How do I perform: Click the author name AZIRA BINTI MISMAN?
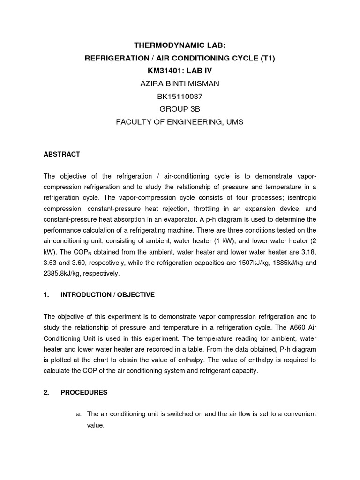180,83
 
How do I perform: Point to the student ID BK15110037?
180,97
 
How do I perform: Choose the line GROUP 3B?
180,109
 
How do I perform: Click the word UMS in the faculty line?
235,122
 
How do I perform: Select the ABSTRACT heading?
62,154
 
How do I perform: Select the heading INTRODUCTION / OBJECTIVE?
107,295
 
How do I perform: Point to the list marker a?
79,414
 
